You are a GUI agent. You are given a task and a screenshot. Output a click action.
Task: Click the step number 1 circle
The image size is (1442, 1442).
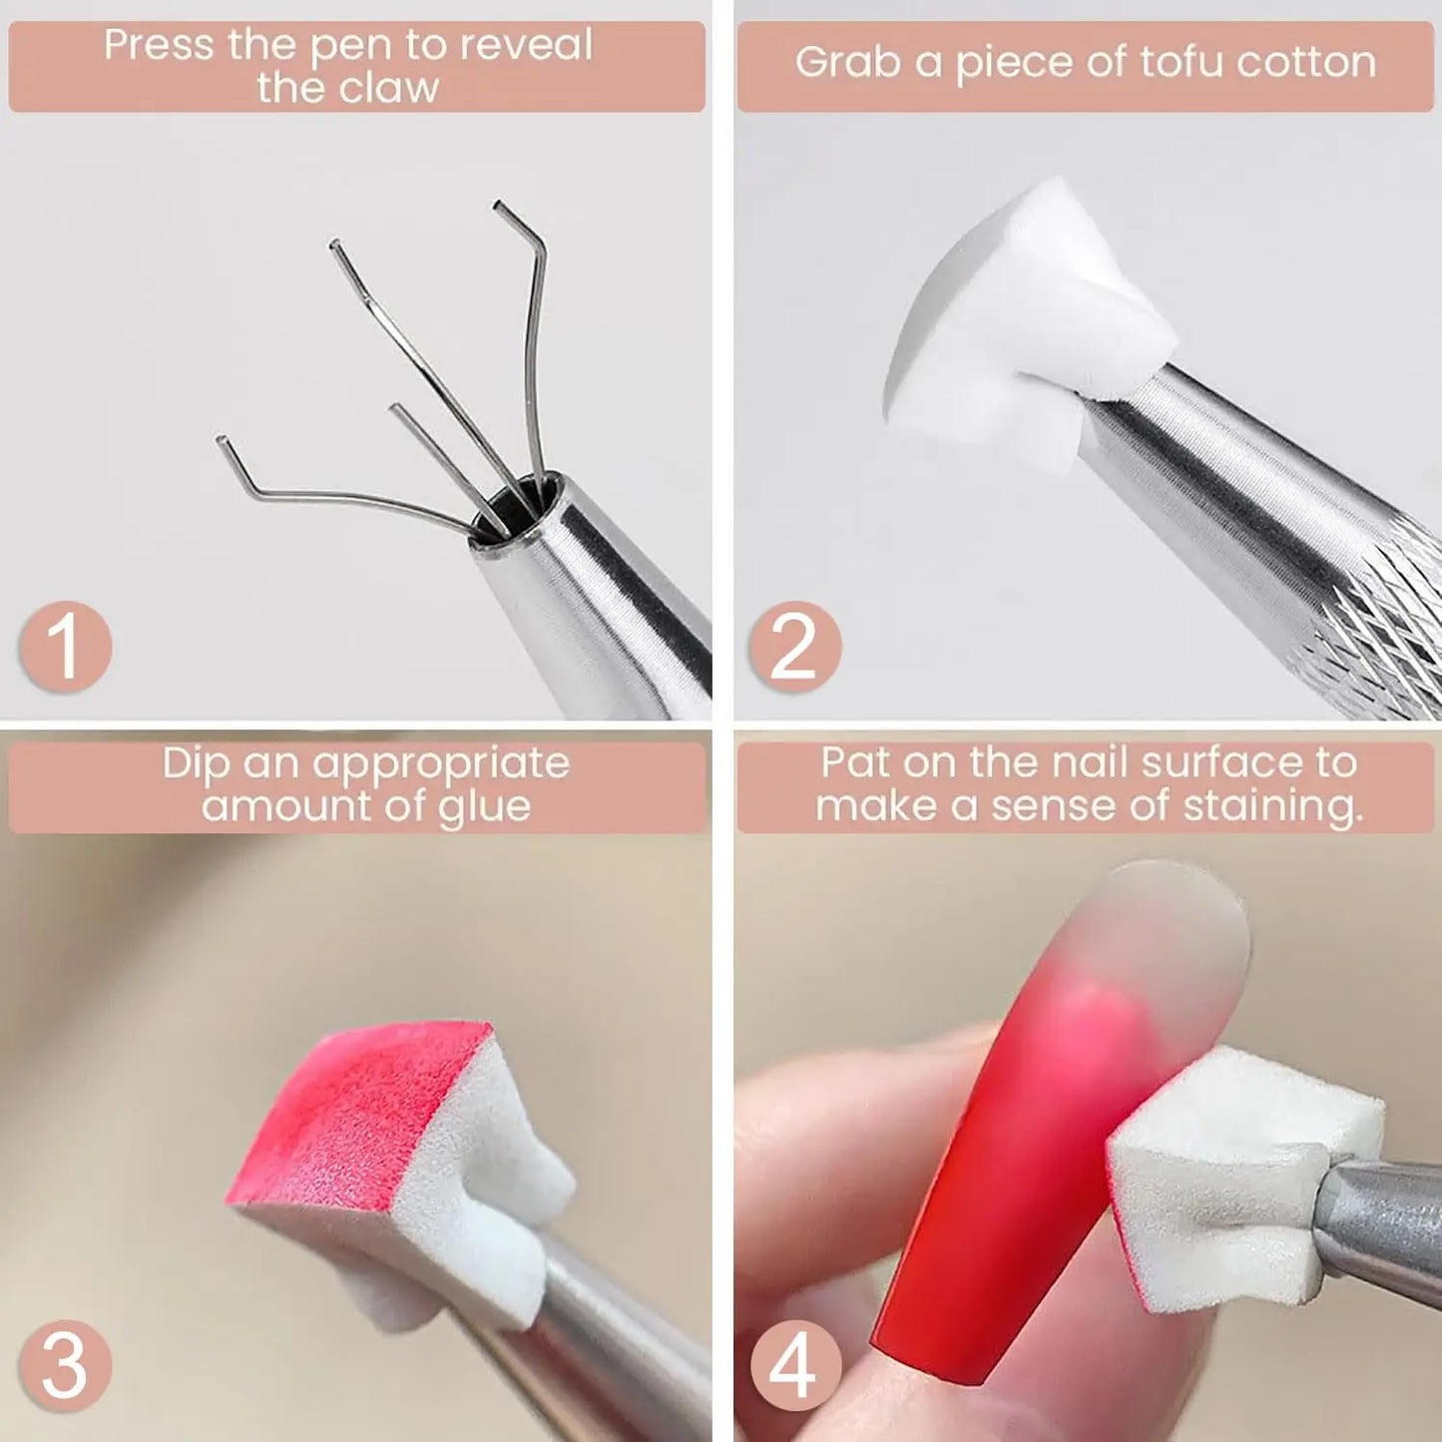click(x=65, y=647)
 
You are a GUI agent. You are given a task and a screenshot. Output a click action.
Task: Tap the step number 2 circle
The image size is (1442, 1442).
click(x=794, y=647)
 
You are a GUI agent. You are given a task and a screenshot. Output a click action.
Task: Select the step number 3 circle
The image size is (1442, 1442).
click(x=65, y=1364)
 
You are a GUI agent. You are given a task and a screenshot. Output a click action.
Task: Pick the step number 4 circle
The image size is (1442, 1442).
click(x=794, y=1364)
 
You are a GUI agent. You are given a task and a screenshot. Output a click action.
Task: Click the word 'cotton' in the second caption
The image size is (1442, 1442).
click(x=1306, y=61)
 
